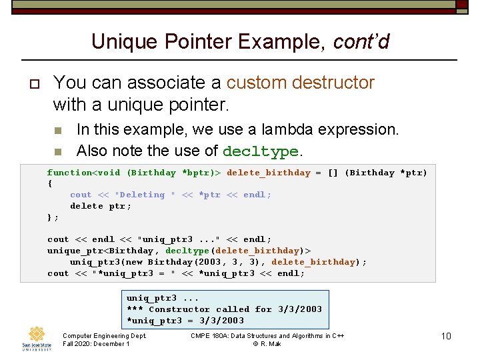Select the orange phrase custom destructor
click(300, 83)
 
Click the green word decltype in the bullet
click(260, 152)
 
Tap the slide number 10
click(446, 336)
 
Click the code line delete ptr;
click(101, 206)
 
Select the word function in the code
click(69, 173)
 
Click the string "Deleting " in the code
click(145, 195)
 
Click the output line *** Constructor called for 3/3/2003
click(224, 309)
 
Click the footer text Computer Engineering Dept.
click(104, 336)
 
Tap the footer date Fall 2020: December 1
click(96, 344)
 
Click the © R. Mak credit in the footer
click(267, 344)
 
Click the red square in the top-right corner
click(461, 5)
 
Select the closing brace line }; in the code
click(53, 217)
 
